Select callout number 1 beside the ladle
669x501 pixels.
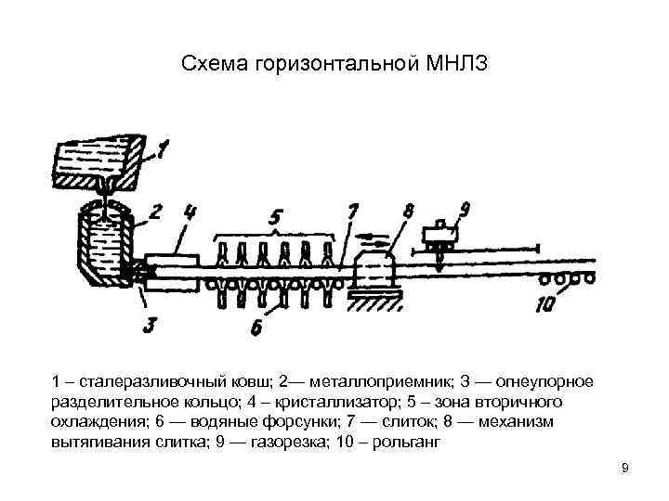point(163,146)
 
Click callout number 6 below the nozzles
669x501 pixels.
point(255,326)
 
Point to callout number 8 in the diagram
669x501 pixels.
point(406,214)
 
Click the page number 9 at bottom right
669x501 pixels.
point(625,467)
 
